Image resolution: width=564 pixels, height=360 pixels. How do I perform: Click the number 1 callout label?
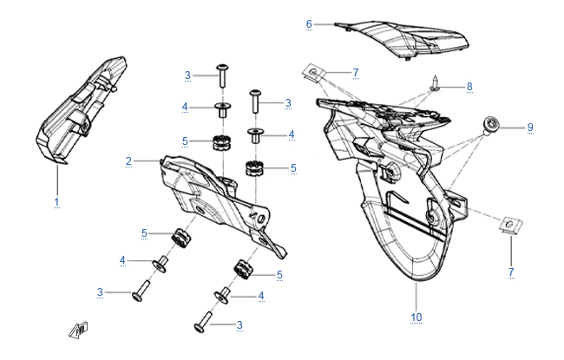[56, 202]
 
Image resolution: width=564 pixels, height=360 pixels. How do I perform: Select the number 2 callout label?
[128, 160]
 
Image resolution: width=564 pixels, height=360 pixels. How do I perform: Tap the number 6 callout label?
[309, 23]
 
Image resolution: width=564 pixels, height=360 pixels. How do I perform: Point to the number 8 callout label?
[469, 87]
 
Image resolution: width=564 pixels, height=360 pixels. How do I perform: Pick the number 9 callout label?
[529, 128]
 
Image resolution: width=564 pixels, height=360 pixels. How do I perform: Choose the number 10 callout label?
[416, 317]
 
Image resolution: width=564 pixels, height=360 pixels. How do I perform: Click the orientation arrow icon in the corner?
[80, 330]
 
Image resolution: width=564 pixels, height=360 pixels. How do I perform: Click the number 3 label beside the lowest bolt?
[239, 324]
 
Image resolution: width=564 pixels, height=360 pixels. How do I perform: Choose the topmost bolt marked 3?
[223, 75]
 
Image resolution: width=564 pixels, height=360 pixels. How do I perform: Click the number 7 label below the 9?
[511, 272]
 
